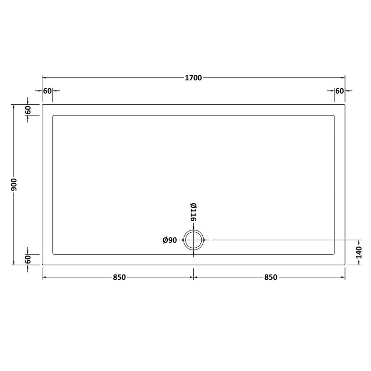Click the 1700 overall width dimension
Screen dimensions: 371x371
click(x=194, y=77)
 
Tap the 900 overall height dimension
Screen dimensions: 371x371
click(x=15, y=185)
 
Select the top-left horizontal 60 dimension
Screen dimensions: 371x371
click(x=47, y=90)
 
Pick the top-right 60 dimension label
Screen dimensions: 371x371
click(x=339, y=90)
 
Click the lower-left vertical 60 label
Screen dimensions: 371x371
click(x=28, y=259)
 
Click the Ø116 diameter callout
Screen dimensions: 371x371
click(x=193, y=213)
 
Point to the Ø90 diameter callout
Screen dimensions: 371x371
click(x=170, y=240)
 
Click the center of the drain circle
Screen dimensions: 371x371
click(x=193, y=240)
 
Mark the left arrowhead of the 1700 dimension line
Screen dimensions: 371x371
click(x=45, y=77)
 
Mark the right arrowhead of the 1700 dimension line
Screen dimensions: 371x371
click(x=343, y=77)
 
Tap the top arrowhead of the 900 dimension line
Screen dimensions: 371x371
click(x=15, y=107)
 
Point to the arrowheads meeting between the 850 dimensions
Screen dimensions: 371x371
click(x=193, y=277)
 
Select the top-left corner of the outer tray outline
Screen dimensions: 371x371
click(x=43, y=105)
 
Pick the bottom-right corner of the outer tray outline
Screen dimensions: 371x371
click(x=345, y=264)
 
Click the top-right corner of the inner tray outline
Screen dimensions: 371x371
click(x=334, y=115)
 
